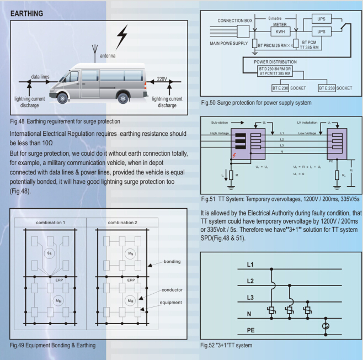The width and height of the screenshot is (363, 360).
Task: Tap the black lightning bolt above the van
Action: [121, 38]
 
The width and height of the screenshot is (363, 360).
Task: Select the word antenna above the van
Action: [108, 56]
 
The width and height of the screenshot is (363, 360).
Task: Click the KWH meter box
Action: [280, 32]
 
